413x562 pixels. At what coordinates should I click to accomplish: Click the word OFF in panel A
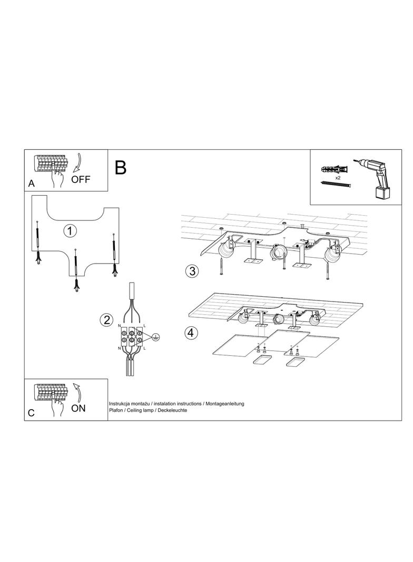[81, 179]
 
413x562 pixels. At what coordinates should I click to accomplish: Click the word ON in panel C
[78, 408]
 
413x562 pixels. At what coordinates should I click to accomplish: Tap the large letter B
[121, 167]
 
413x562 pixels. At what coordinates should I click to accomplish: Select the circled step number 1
[70, 230]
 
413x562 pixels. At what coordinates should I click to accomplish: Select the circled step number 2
[106, 319]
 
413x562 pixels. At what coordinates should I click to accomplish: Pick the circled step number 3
[192, 271]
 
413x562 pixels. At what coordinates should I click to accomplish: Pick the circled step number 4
[191, 333]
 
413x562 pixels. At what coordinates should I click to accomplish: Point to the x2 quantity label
[338, 177]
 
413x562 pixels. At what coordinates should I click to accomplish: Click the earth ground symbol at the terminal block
[155, 336]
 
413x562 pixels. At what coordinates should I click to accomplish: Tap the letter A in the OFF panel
[32, 183]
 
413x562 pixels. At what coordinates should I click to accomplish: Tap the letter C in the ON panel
[31, 413]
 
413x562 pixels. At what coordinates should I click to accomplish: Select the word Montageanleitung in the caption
[225, 404]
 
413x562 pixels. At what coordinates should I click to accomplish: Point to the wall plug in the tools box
[335, 169]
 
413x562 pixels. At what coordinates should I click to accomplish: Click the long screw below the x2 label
[336, 183]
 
